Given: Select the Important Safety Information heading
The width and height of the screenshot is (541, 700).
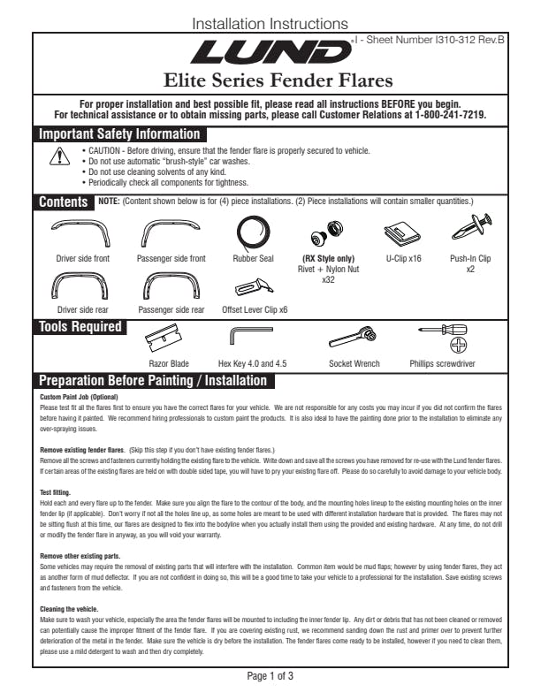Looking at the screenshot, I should tap(119, 134).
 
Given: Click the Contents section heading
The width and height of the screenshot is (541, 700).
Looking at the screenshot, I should tap(63, 202).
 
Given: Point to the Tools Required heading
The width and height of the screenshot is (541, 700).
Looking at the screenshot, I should tap(80, 327).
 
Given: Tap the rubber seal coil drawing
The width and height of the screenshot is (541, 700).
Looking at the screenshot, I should tap(255, 232).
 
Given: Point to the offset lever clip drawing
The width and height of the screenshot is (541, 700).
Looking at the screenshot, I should tap(255, 287).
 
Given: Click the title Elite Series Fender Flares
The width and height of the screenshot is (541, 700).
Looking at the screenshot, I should tap(270, 82).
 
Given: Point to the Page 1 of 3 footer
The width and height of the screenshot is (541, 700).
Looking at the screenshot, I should tap(270, 676).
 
